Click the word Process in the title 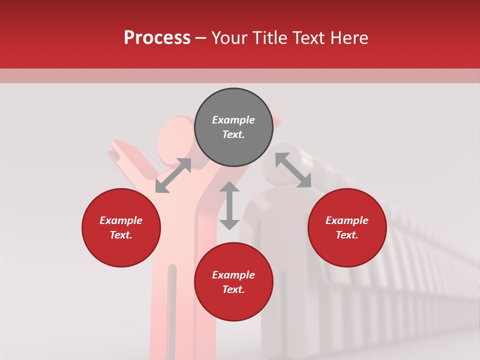[157, 38]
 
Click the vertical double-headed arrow [229, 205]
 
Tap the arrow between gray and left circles [173, 175]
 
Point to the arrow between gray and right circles [293, 170]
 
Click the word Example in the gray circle [233, 120]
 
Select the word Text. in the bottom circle [233, 289]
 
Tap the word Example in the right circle [347, 220]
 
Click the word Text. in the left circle [121, 235]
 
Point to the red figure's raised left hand [122, 150]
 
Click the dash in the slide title [200, 38]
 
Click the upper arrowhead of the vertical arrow [229, 187]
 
